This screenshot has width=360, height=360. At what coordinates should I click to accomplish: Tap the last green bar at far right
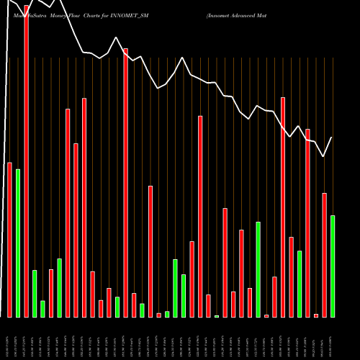click(x=333, y=266)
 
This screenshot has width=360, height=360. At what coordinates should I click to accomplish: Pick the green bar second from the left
click(x=35, y=294)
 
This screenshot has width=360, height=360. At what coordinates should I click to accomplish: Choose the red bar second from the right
click(x=324, y=255)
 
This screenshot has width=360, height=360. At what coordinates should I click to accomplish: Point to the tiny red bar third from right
click(x=316, y=315)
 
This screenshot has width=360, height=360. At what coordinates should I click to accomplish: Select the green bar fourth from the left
click(x=60, y=288)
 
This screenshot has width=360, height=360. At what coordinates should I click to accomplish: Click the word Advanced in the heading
click(x=253, y=14)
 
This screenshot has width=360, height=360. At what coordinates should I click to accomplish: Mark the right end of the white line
click(x=332, y=137)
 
